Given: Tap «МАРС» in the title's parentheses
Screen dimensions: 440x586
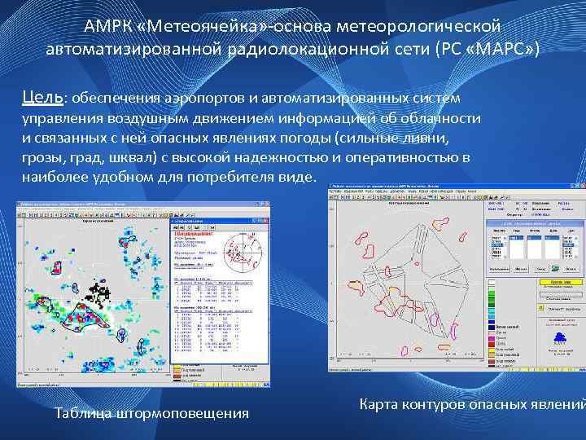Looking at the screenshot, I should pyautogui.click(x=500, y=50).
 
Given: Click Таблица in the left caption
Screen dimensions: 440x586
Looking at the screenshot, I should pyautogui.click(x=84, y=413).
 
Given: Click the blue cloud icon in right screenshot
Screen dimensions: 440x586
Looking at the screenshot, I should pyautogui.click(x=558, y=336).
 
